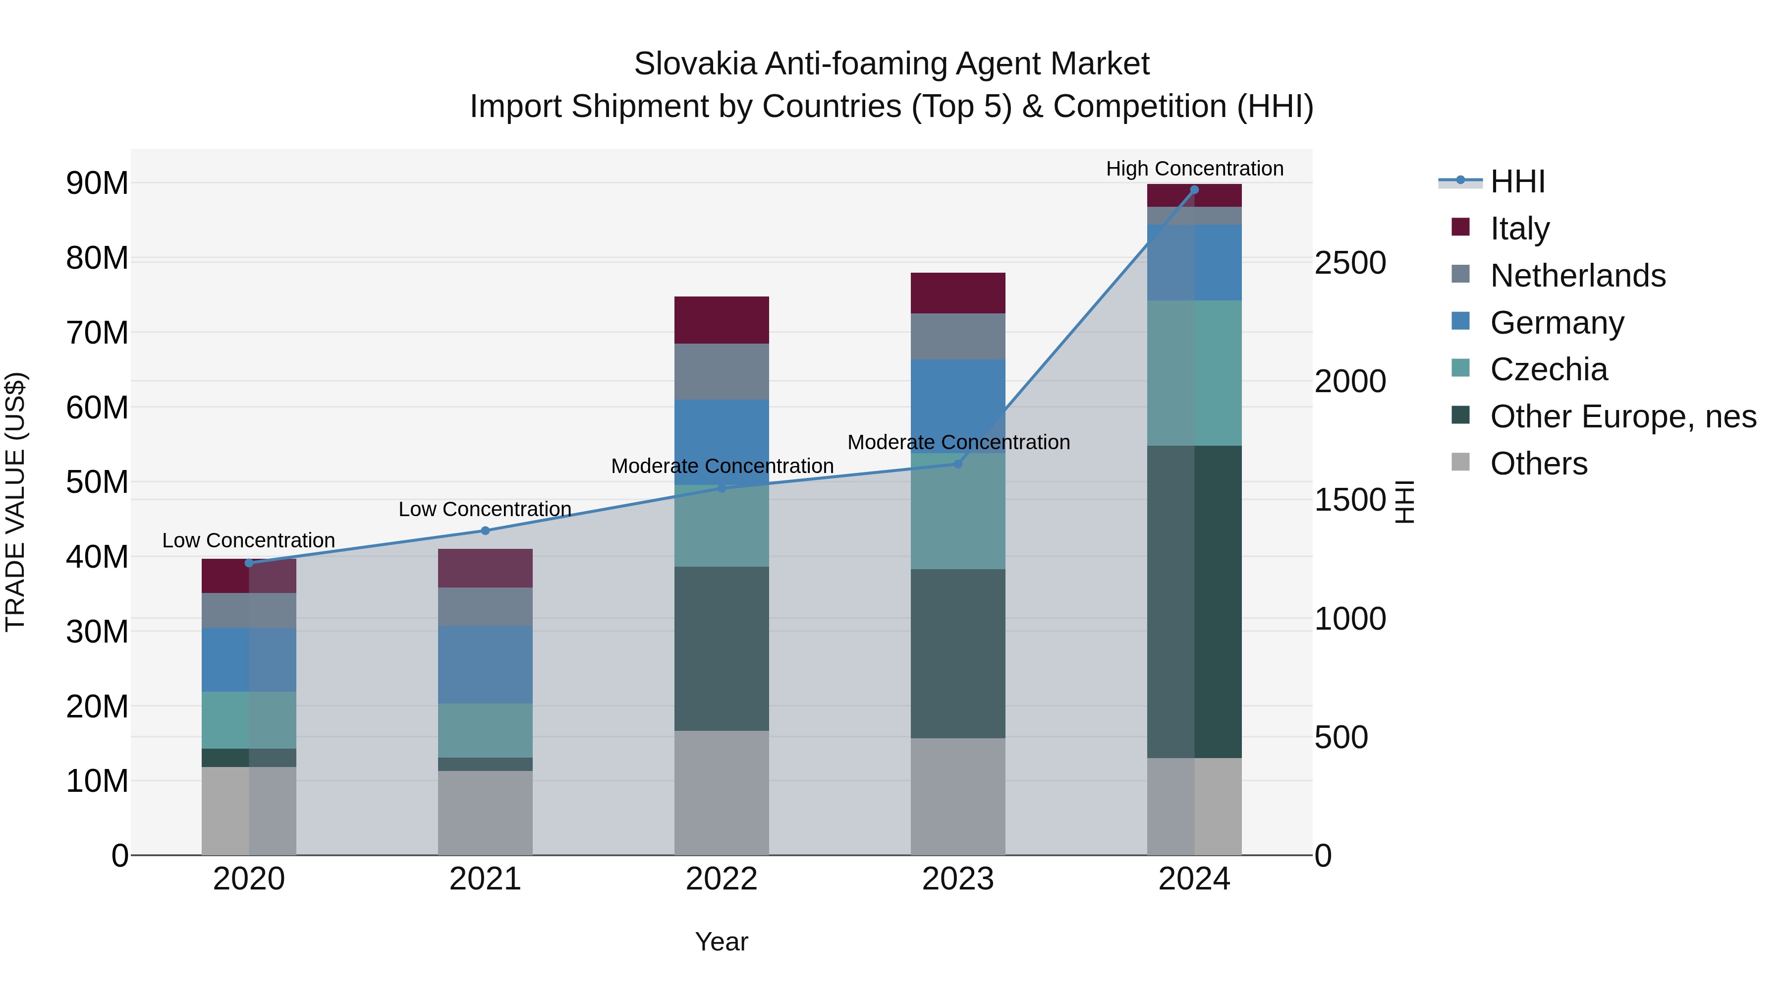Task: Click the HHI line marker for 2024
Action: [x=1194, y=190]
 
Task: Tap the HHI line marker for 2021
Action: [x=485, y=531]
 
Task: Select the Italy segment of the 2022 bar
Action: [x=721, y=320]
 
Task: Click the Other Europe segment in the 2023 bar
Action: [x=958, y=653]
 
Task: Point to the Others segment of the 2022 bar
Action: [x=721, y=793]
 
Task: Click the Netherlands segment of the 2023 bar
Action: [x=958, y=336]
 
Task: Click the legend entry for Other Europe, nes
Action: [x=1622, y=416]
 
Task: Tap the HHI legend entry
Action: [x=1517, y=181]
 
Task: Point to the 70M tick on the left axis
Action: [x=97, y=333]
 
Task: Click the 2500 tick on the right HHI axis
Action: [x=1350, y=263]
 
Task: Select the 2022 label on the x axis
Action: [x=721, y=879]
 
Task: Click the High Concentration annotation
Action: [x=1194, y=169]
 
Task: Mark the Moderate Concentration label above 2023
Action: [x=958, y=442]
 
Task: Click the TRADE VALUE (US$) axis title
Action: [x=15, y=502]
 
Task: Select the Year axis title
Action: [x=721, y=942]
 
